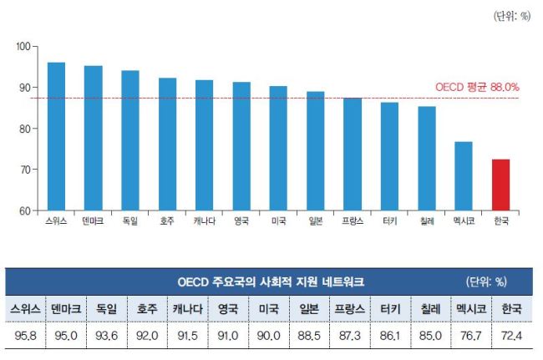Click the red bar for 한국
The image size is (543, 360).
pos(500,185)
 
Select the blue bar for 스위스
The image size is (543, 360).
pos(56,136)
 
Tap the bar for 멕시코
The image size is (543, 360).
pos(464,176)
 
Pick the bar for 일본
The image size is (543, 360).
pos(316,151)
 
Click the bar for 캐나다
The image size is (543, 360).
pos(205,145)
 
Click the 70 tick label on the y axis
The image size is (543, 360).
pos(23,170)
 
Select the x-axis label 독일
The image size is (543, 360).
pos(130,221)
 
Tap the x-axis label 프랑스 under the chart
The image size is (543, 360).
pos(353,221)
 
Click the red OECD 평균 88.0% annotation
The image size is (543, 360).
pos(477,87)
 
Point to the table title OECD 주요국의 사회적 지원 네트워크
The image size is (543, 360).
pos(271,281)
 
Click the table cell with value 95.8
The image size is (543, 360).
pos(26,336)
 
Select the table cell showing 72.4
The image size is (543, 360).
pos(511,336)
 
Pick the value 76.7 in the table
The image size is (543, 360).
pos(471,336)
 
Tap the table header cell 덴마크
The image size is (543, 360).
pos(66,309)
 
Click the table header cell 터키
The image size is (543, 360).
pos(390,309)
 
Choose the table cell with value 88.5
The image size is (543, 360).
pos(309,336)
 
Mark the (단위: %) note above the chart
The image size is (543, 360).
pos(512,16)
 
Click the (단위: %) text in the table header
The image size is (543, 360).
pos(486,281)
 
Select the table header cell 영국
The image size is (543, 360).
pos(228,309)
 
